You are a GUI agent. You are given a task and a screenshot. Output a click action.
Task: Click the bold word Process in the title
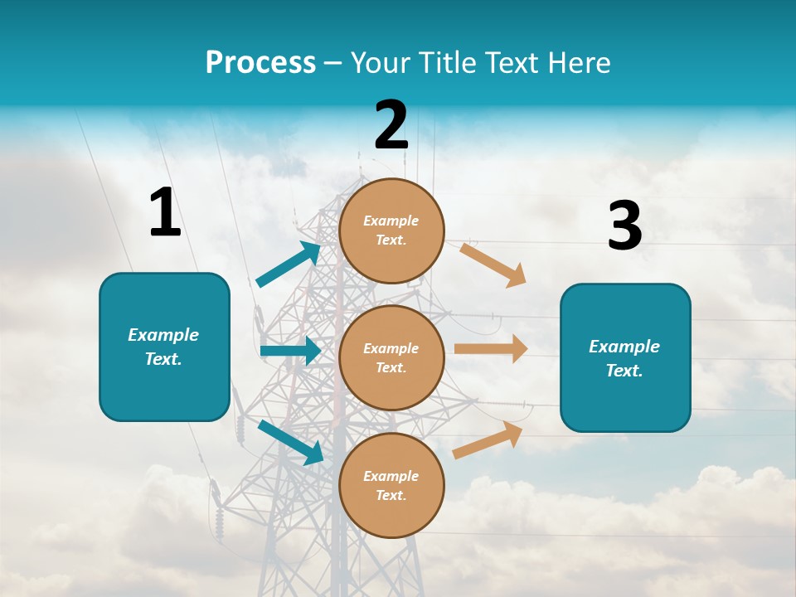[x=260, y=63]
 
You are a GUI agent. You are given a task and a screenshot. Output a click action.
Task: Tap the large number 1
[x=165, y=213]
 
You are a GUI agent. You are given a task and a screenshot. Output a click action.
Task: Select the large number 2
[x=391, y=126]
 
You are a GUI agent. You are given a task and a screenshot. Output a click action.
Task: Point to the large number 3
[x=624, y=227]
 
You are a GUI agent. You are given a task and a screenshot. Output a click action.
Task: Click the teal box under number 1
[x=164, y=347]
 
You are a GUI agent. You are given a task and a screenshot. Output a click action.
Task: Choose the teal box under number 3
[x=625, y=357]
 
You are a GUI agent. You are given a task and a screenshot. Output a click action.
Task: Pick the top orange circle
[x=391, y=231]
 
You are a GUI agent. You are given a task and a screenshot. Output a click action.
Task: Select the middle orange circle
[x=391, y=357]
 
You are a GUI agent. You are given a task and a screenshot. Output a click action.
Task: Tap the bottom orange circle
[x=391, y=485]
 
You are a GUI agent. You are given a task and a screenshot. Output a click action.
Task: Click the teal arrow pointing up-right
[x=289, y=265]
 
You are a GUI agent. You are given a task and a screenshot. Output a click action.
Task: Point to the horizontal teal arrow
[x=290, y=351]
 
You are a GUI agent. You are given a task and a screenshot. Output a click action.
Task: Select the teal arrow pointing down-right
[x=290, y=442]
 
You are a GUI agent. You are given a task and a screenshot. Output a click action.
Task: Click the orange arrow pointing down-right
[x=493, y=265]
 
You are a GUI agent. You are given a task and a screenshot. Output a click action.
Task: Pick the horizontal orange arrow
[x=491, y=348]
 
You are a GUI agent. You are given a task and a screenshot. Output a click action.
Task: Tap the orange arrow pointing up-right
[x=488, y=439]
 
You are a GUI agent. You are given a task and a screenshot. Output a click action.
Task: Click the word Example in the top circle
[x=391, y=221]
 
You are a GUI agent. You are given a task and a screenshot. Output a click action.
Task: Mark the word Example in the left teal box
[x=163, y=335]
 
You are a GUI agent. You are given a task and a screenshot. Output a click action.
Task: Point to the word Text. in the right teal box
[x=624, y=371]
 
